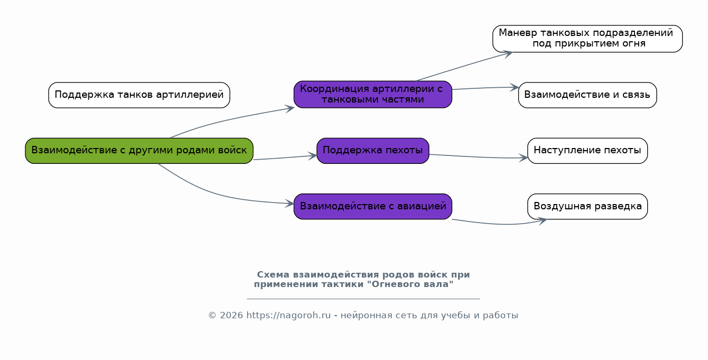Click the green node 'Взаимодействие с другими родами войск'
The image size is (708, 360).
(x=139, y=151)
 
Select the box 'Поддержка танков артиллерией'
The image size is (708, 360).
(x=139, y=95)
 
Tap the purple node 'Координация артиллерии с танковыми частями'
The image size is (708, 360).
(x=373, y=95)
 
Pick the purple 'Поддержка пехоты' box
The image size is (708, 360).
(x=373, y=151)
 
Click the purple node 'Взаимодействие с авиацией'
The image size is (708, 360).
(x=373, y=206)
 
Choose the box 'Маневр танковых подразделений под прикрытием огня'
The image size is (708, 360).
(x=587, y=39)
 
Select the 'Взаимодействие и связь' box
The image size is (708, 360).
(x=587, y=95)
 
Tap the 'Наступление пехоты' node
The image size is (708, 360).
(x=587, y=151)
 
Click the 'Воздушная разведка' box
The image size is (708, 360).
(x=587, y=206)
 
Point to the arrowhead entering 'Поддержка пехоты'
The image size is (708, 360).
(x=313, y=155)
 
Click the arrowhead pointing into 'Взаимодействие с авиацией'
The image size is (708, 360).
(x=290, y=204)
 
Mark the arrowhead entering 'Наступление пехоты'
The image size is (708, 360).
(x=524, y=158)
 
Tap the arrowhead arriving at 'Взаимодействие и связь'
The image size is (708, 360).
(x=514, y=88)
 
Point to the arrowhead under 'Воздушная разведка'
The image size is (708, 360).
(x=543, y=220)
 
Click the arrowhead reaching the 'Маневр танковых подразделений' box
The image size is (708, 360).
(x=508, y=54)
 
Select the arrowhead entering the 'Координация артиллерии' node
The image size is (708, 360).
(x=290, y=109)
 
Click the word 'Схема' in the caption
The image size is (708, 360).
(x=273, y=275)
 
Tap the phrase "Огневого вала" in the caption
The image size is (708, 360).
(x=410, y=284)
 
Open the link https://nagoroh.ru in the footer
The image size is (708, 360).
(x=288, y=316)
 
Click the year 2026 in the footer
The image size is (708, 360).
(x=232, y=316)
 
